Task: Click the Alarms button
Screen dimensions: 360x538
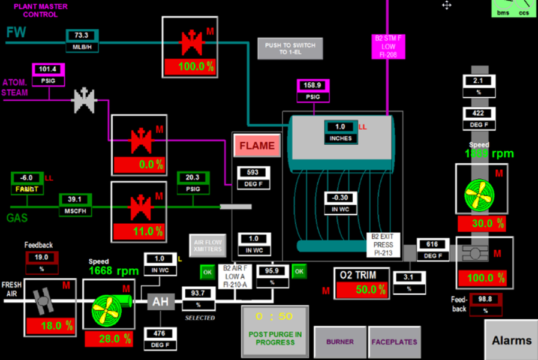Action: [511, 340]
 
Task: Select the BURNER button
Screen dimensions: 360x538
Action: [339, 342]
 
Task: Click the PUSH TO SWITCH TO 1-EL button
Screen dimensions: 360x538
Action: [290, 48]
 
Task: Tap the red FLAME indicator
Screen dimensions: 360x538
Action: [257, 145]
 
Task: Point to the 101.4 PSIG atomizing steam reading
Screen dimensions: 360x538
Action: [48, 73]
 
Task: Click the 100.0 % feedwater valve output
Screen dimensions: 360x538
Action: [196, 67]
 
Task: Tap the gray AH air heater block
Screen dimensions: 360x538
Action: [161, 301]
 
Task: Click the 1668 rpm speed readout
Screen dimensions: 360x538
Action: [113, 271]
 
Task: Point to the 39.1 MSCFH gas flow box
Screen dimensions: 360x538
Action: [74, 205]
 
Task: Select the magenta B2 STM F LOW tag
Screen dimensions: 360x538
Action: [389, 46]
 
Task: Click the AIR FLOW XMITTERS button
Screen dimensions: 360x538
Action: [208, 245]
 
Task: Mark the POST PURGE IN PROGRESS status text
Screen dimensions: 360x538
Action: [275, 338]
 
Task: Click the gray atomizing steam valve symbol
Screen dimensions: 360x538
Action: [84, 101]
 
